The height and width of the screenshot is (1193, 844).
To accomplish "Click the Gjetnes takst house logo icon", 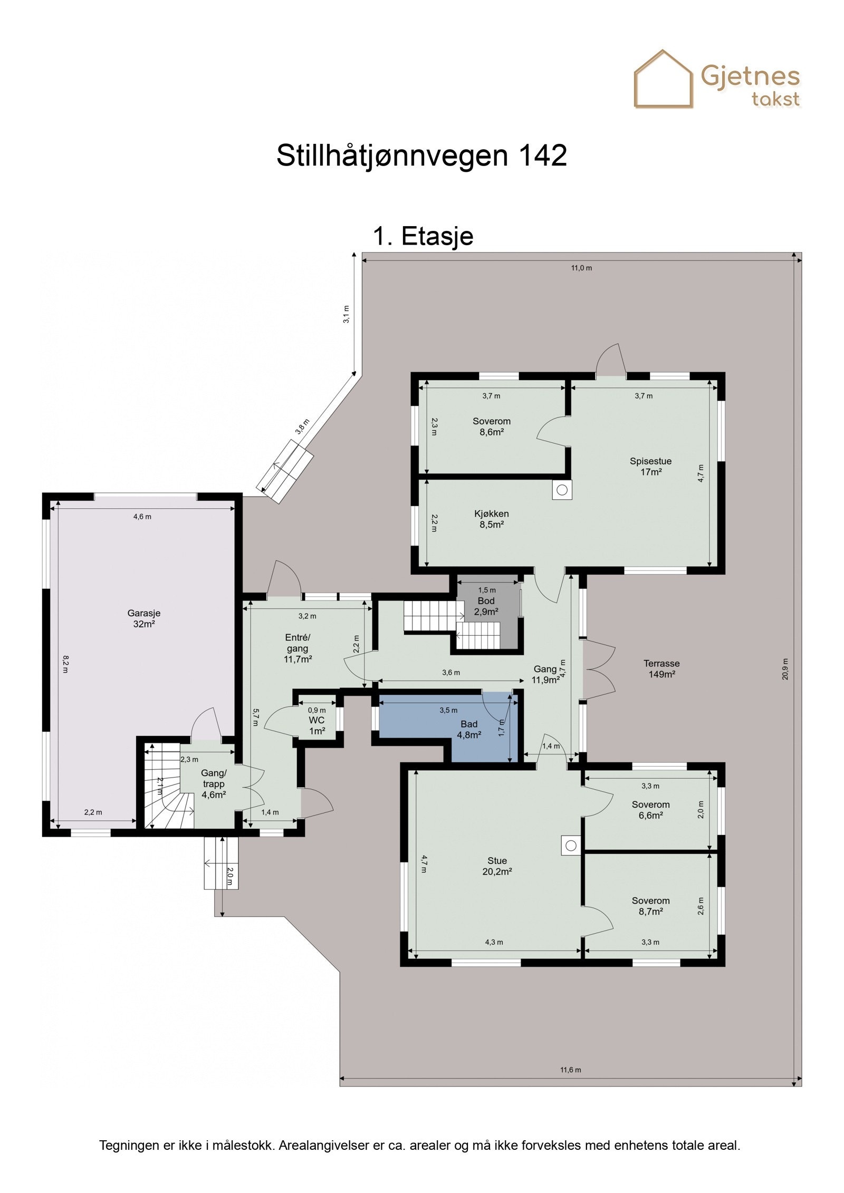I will [x=663, y=80].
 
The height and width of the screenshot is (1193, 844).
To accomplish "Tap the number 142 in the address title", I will [x=542, y=156].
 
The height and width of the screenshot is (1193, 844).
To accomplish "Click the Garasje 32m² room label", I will [x=143, y=618].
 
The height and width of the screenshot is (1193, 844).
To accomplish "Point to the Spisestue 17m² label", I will [x=650, y=466].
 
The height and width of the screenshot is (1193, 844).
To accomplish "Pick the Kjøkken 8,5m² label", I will [x=491, y=519].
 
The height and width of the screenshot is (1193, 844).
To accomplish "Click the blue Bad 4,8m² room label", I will [x=468, y=729].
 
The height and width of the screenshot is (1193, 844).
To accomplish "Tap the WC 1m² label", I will [x=316, y=725].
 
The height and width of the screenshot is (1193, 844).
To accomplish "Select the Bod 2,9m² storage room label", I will [x=486, y=606].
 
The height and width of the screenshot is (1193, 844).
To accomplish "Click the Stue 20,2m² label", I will [x=497, y=866].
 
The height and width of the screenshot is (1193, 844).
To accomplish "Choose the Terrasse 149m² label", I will [x=661, y=668].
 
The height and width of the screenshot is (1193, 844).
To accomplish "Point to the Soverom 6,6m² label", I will [x=650, y=810].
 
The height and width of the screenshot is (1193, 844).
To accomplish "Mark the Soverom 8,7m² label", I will [x=650, y=906].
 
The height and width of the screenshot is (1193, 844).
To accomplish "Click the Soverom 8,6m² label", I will [x=491, y=426].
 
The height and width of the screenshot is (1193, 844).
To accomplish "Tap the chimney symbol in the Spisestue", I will [x=562, y=490].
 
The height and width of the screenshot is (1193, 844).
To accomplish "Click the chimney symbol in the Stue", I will [x=570, y=846].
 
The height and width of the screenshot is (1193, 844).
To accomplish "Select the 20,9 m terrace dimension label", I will [x=785, y=669].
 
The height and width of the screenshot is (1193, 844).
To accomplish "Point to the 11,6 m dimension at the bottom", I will [x=570, y=1070].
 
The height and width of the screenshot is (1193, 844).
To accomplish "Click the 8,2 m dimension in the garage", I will [x=65, y=664].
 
